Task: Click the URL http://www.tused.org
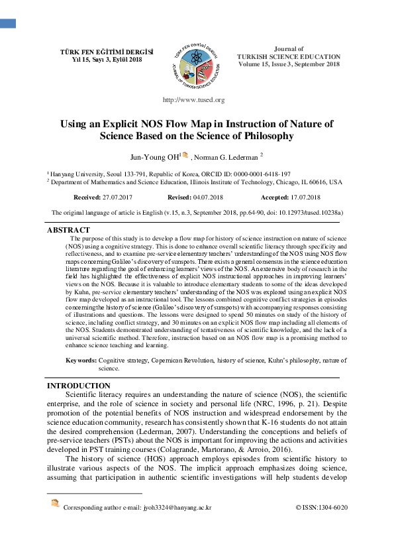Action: click(193, 100)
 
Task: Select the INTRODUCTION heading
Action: click(79, 386)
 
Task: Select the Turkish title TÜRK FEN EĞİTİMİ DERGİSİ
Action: click(97, 52)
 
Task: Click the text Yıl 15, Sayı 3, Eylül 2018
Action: click(97, 60)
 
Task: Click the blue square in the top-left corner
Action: click(7, 23)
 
